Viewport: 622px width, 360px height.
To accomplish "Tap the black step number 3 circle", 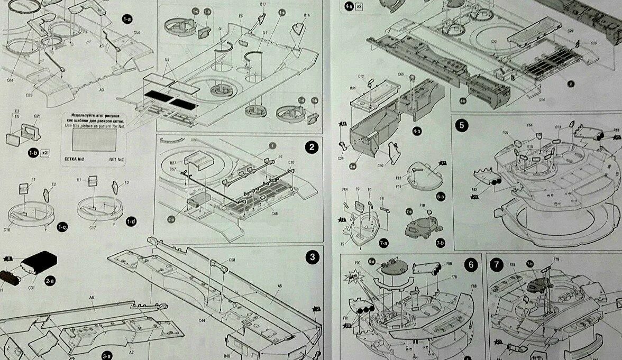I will (312, 257).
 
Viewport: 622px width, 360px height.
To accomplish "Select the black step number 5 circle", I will (462, 125).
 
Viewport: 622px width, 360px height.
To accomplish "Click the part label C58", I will (232, 260).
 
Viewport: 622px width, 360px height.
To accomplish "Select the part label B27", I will (173, 163).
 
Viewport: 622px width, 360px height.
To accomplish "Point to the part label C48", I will (275, 214).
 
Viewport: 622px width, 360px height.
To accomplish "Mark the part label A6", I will (91, 298).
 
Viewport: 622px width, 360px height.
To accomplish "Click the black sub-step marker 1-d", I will (131, 222).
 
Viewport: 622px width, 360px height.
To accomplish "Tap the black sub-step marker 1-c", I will (62, 227).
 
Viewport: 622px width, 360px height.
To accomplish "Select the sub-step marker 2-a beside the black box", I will (49, 281).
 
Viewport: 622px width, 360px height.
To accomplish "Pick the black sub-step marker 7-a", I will (383, 243).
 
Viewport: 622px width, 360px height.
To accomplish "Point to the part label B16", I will (306, 15).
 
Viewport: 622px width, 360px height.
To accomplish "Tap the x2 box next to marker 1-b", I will (45, 152).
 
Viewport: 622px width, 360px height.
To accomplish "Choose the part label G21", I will (38, 116).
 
